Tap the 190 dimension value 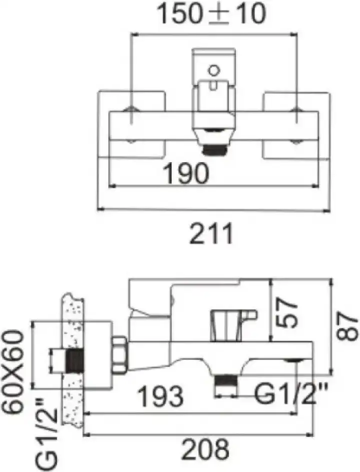click(x=186, y=173)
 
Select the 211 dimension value click(x=211, y=234)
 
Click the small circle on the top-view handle click(x=214, y=71)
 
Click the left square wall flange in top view click(x=132, y=124)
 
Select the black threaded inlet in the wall click(x=75, y=360)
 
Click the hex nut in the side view click(x=120, y=355)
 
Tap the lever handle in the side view click(x=150, y=295)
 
